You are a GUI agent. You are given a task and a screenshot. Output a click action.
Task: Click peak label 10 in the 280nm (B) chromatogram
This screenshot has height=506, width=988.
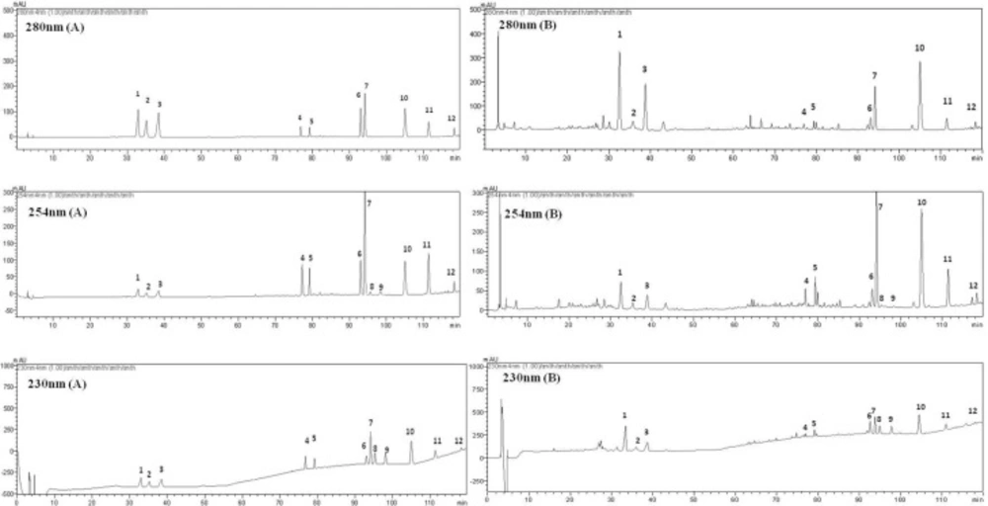tap(919, 48)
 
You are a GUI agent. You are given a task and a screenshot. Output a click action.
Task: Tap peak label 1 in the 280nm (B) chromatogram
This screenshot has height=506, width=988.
tap(619, 35)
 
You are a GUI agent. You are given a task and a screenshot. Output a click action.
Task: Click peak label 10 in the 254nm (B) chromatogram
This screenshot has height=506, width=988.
tap(921, 203)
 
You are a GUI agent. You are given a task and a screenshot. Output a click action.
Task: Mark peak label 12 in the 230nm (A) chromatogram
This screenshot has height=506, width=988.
tap(458, 442)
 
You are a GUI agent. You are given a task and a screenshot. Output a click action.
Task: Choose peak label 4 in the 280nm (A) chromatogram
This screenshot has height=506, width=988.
tap(299, 119)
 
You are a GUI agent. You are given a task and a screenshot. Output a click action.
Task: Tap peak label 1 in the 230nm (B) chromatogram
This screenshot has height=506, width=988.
tap(624, 416)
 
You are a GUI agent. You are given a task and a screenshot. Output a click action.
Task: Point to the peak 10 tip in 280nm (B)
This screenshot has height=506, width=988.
tap(919, 62)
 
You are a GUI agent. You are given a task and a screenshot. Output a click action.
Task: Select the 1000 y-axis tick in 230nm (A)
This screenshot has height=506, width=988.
tap(7, 366)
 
